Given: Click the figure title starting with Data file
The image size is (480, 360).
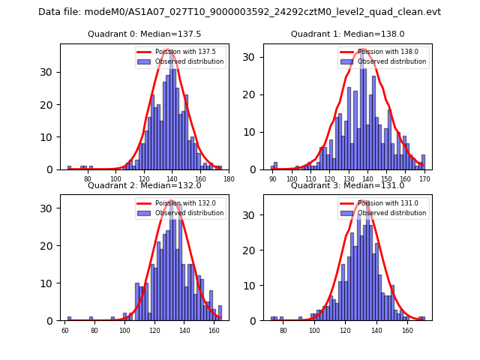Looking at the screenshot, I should click(240, 12).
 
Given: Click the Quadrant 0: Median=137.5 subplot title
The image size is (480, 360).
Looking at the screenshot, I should click(144, 34).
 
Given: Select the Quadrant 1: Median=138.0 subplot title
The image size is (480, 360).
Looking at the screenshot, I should click(347, 34).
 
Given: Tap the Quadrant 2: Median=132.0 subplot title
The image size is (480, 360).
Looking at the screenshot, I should click(144, 185).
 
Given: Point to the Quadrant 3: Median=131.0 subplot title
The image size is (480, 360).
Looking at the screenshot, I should click(347, 185).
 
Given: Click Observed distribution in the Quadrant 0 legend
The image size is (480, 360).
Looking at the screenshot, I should click(189, 61).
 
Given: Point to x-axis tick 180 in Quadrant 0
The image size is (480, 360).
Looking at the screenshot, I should click(229, 178).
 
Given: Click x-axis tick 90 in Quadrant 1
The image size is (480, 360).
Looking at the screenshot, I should click(272, 178).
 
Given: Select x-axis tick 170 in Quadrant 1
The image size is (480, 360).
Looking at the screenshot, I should click(424, 178).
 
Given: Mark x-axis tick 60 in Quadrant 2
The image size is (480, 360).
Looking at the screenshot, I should click(65, 329).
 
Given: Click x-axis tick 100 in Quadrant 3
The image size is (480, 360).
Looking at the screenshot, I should click(314, 329).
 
